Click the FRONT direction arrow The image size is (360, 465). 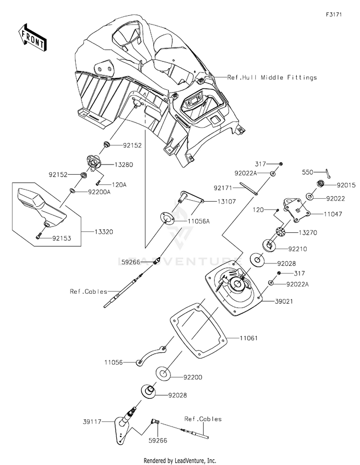point(32,37)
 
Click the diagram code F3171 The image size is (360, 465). point(334,14)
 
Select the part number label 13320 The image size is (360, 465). point(104,232)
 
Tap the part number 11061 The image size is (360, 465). point(249,338)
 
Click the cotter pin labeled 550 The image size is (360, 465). point(327,174)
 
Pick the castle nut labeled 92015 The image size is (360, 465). point(321,183)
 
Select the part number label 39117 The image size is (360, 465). point(92,421)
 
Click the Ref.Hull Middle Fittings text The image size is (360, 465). point(272,77)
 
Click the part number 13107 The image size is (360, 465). point(227,202)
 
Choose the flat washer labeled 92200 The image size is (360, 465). point(163,373)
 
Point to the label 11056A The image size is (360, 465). point(198,221)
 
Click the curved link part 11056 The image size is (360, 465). point(152,356)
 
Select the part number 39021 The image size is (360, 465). point(284,301)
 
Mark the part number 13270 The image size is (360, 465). point(308,233)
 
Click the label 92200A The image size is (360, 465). point(99,192)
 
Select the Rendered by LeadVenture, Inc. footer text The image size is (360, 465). point(180,461)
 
